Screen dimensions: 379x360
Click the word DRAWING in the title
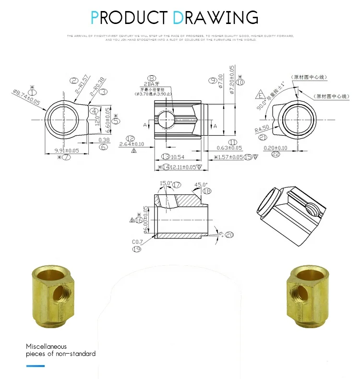(216, 17)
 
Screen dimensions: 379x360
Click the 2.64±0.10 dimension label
(131, 144)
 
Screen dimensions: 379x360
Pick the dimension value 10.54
(178, 157)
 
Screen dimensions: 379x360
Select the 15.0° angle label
(166, 183)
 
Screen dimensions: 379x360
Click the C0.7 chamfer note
(138, 242)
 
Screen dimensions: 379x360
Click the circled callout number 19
(137, 249)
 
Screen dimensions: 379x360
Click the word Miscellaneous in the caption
(46, 346)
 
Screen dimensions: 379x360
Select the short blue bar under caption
(35, 366)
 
